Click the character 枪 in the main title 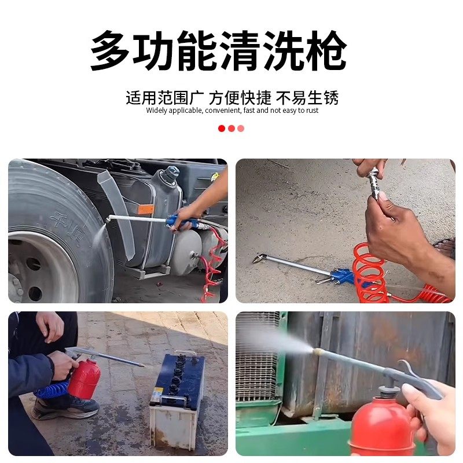(x=325, y=51)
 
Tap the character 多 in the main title (x=111, y=51)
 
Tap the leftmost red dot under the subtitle (x=222, y=128)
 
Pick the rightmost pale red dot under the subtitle (x=241, y=128)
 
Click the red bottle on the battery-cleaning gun (x=84, y=379)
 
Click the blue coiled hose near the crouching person (x=52, y=389)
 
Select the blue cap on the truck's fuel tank (x=170, y=172)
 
